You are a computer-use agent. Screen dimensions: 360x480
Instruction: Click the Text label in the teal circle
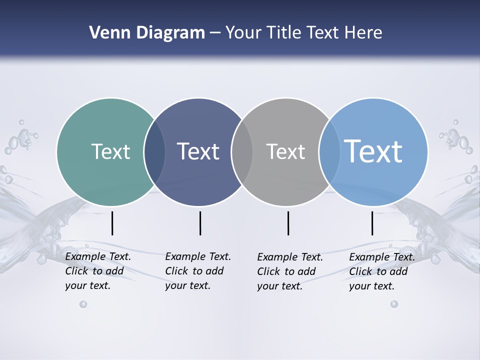click(x=110, y=151)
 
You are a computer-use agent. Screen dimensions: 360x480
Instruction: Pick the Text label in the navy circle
click(x=198, y=151)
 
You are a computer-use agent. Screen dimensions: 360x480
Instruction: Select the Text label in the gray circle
click(x=285, y=151)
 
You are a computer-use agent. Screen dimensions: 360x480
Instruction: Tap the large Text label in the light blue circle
click(x=373, y=151)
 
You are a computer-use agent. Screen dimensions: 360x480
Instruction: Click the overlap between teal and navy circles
click(x=154, y=152)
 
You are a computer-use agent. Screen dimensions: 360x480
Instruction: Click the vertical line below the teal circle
click(x=112, y=223)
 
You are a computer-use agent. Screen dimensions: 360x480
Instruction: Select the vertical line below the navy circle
click(x=200, y=223)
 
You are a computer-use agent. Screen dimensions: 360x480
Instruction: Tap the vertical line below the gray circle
click(x=288, y=223)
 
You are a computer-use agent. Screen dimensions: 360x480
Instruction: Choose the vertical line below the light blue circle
click(x=372, y=223)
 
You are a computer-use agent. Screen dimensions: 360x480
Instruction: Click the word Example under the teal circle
click(x=85, y=256)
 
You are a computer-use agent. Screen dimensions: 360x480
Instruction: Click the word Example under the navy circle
click(x=185, y=256)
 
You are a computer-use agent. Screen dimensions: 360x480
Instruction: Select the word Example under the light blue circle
click(x=369, y=257)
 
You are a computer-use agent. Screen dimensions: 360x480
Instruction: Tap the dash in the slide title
click(x=215, y=33)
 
